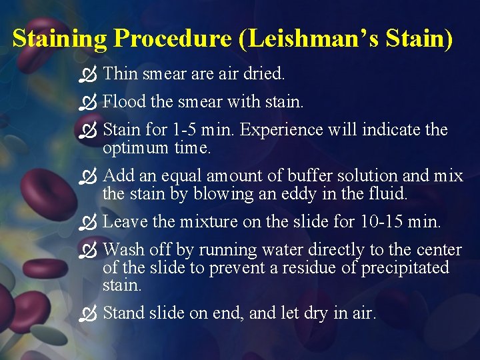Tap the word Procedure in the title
(x=173, y=38)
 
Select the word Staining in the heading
(x=59, y=38)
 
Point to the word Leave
(x=125, y=221)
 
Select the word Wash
(x=123, y=249)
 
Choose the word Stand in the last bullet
(x=124, y=313)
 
